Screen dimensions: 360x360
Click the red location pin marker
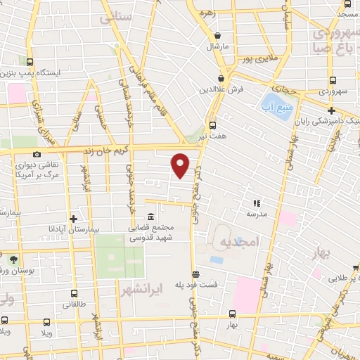tap(181, 165)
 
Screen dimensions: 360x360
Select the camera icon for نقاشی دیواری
tap(37, 154)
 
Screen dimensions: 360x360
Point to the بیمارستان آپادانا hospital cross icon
tap(73, 219)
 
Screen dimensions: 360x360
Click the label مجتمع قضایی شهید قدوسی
tap(151, 233)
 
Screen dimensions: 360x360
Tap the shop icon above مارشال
tap(218, 36)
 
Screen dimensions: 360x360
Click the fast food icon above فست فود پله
tap(195, 274)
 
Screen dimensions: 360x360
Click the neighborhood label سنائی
tap(115, 18)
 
